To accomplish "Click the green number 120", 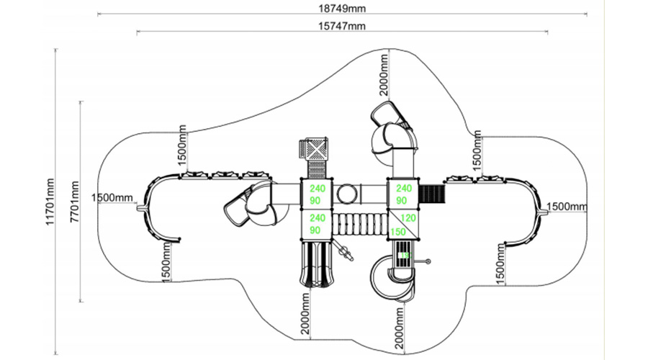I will pyautogui.click(x=408, y=218).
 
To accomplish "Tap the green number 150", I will pyautogui.click(x=398, y=230).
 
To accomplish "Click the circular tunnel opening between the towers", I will pyautogui.click(x=348, y=193).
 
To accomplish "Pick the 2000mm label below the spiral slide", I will pyautogui.click(x=397, y=324).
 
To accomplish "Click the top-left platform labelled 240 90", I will pyautogui.click(x=318, y=194).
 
